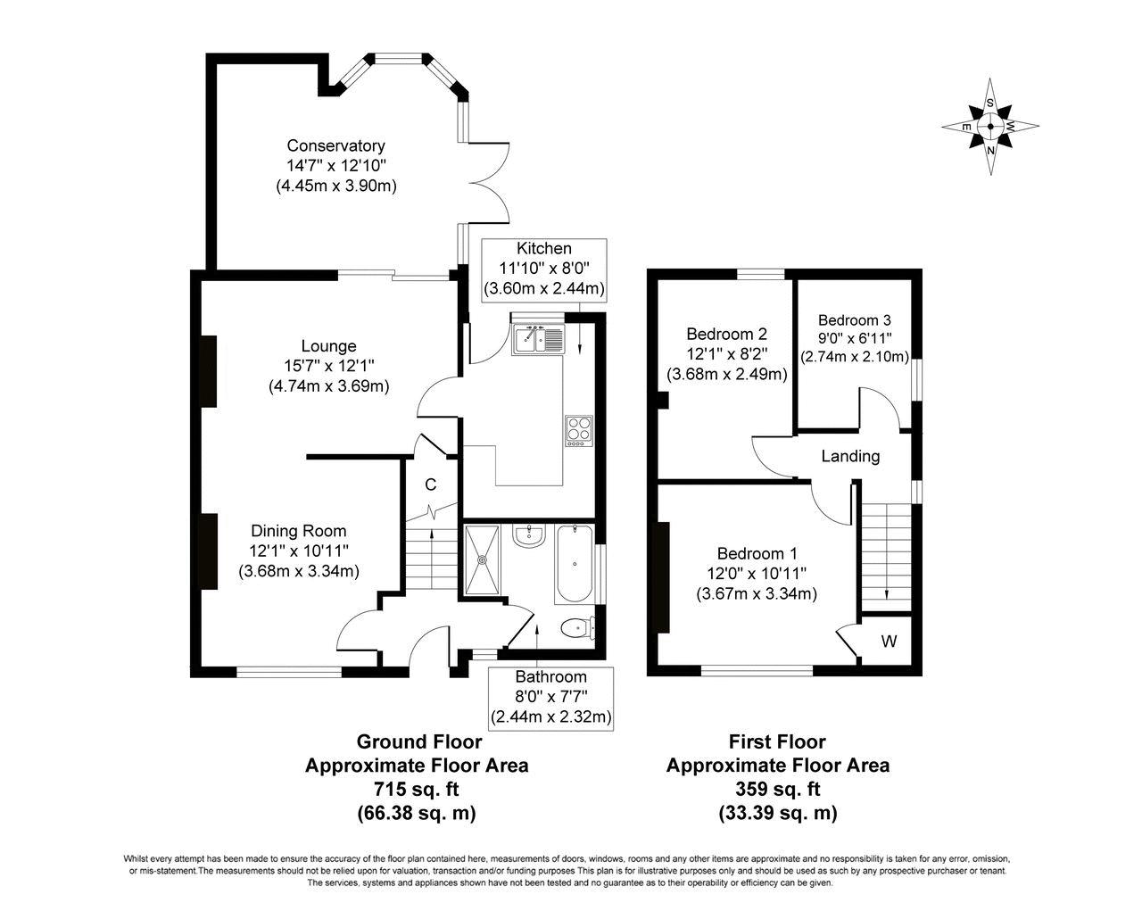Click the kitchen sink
(539, 339)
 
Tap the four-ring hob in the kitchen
(579, 431)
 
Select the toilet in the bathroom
(577, 628)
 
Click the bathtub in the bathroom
(575, 564)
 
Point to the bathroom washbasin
(528, 535)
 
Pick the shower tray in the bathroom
(482, 559)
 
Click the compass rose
(990, 127)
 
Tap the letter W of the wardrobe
(889, 642)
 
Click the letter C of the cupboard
(431, 484)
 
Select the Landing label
(850, 457)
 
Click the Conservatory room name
(336, 145)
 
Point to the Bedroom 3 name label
(855, 320)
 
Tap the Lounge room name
(328, 346)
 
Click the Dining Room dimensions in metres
(299, 571)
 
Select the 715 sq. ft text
(417, 790)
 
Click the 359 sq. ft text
(777, 790)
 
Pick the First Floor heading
(777, 741)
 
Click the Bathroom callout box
(550, 699)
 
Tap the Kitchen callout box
(544, 270)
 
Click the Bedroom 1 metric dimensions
(757, 593)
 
